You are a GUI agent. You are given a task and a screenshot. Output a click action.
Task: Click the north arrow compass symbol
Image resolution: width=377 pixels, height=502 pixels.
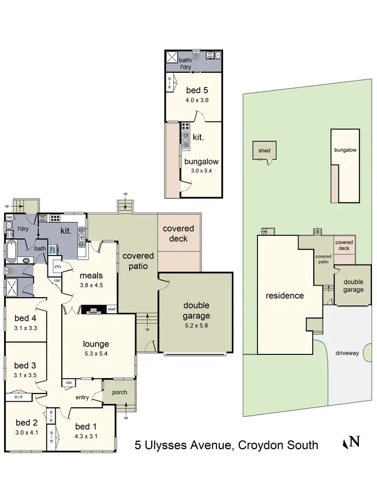[351, 442]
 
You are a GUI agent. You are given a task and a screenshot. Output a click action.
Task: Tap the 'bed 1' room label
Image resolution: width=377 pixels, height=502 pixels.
[86, 427]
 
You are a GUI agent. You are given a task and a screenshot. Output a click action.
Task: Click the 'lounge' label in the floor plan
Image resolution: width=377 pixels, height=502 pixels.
[97, 344]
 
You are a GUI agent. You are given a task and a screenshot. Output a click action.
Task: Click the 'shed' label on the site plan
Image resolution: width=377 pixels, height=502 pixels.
[264, 150]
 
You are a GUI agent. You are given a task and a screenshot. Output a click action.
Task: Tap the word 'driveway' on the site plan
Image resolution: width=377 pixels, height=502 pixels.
[347, 353]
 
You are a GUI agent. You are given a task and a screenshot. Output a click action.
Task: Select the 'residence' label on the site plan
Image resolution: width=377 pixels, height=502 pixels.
[285, 295]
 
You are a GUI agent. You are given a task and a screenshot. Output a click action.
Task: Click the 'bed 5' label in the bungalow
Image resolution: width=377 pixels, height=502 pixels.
[197, 90]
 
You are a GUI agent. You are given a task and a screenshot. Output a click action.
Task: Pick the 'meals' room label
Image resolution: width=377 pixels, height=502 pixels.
[91, 275]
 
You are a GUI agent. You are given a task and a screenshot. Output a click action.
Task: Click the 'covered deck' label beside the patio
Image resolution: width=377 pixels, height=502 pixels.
[178, 233]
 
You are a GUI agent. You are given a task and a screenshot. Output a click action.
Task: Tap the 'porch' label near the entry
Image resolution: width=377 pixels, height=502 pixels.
[120, 392]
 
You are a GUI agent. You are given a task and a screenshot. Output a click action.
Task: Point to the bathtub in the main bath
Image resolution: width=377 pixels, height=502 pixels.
[11, 248]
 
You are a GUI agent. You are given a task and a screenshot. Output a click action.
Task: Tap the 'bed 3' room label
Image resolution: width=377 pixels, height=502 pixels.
[24, 365]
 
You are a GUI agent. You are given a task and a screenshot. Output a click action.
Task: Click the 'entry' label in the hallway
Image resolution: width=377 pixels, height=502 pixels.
[82, 398]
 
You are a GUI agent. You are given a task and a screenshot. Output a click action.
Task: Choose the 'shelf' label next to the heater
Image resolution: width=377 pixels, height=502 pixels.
[111, 309]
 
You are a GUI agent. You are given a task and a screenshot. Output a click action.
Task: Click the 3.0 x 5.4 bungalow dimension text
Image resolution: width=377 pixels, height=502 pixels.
[200, 171]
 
